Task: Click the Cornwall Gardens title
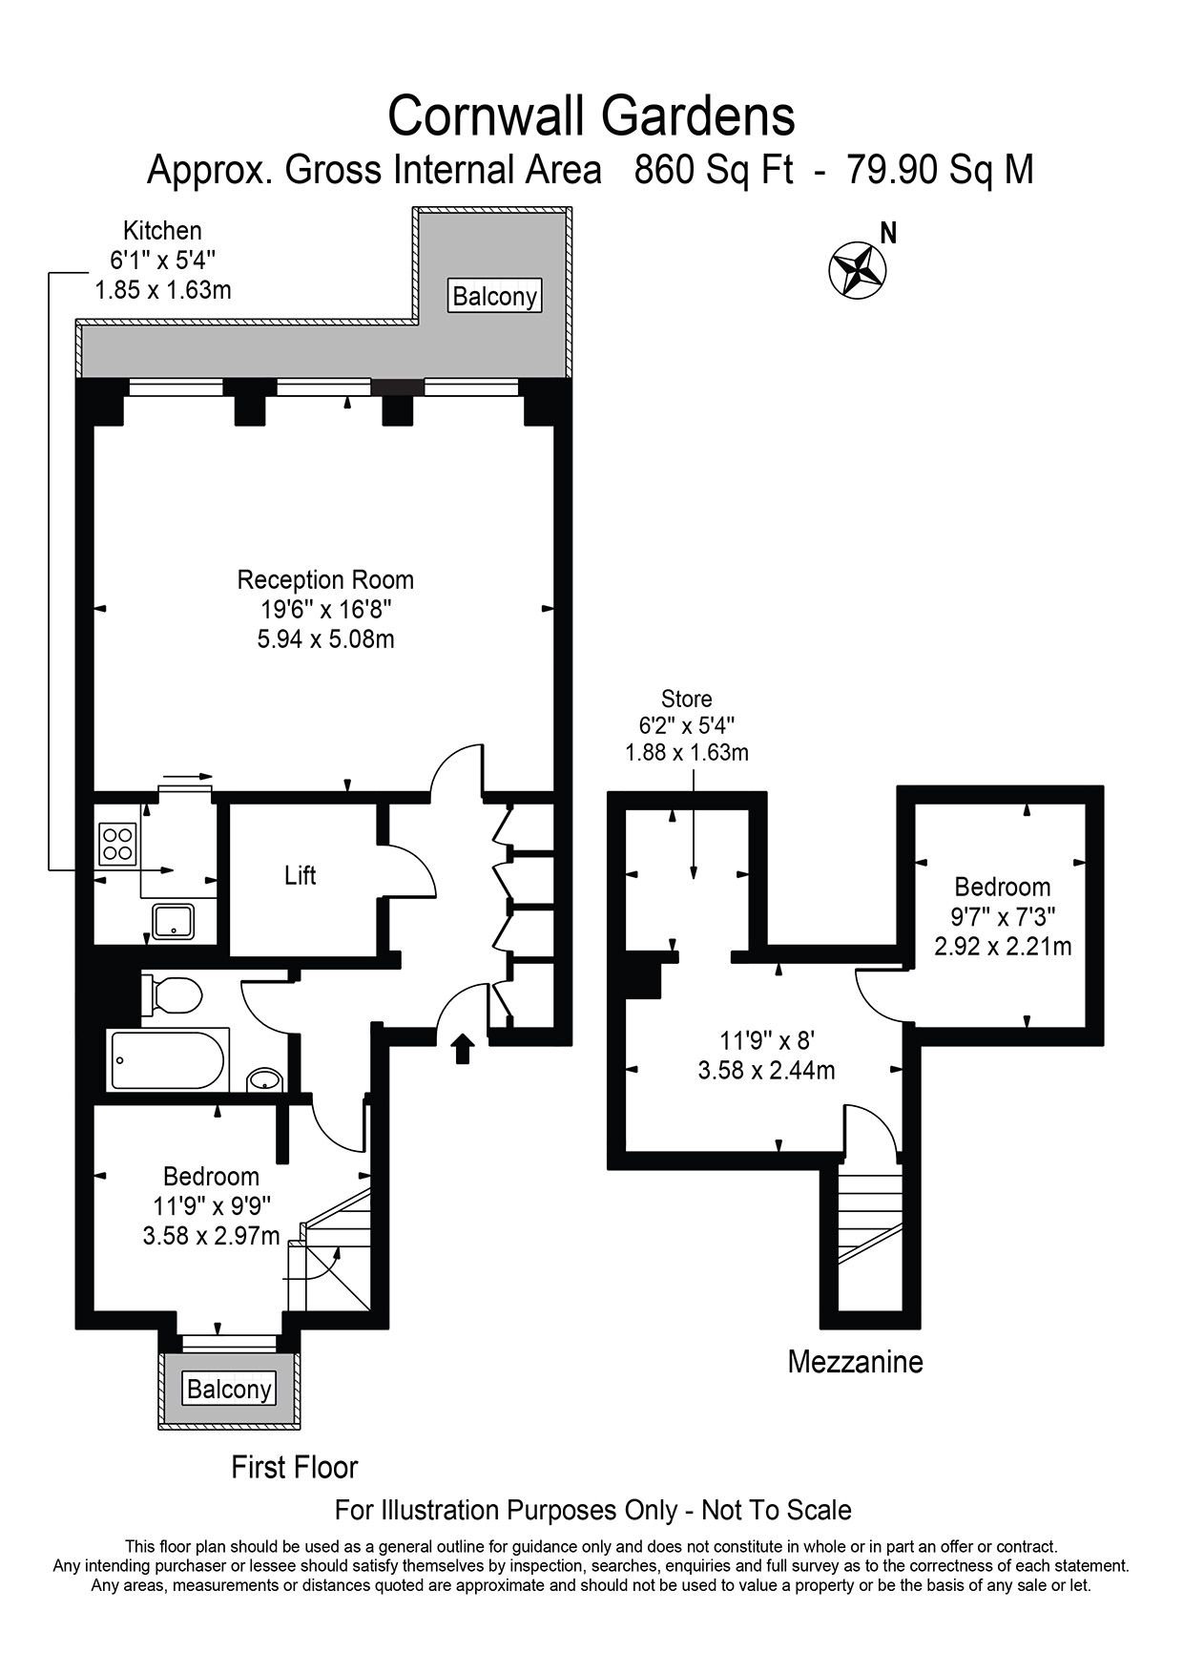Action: [591, 116]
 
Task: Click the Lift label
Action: [301, 875]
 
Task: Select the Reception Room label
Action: [325, 579]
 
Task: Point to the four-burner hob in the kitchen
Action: [117, 843]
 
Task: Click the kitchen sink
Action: [174, 921]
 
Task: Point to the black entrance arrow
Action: [463, 1047]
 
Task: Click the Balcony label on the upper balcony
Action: [495, 296]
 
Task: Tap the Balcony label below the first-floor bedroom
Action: [229, 1389]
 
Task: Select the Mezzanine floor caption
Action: [856, 1362]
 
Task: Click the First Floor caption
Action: [295, 1467]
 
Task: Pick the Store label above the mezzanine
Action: [687, 700]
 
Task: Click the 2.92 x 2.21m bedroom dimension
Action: [1003, 947]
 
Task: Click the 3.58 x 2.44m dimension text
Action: [767, 1071]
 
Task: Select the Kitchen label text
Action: [162, 231]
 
